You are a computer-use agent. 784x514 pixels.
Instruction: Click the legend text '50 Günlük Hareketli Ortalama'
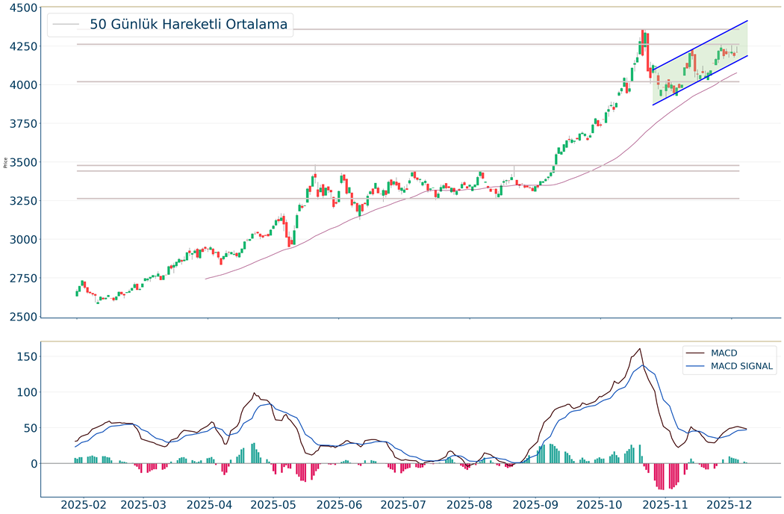pyautogui.click(x=188, y=25)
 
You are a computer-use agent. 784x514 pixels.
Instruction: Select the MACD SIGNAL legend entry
pyautogui.click(x=742, y=366)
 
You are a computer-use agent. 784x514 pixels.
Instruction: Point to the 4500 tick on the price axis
pyautogui.click(x=19, y=7)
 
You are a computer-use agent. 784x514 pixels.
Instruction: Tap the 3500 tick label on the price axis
pyautogui.click(x=19, y=162)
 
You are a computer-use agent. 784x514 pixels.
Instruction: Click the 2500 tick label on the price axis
pyautogui.click(x=19, y=317)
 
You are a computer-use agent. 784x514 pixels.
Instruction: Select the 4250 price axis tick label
pyautogui.click(x=19, y=46)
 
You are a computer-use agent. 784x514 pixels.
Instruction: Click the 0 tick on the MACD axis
pyautogui.click(x=32, y=464)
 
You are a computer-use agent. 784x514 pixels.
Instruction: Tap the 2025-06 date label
pyautogui.click(x=339, y=504)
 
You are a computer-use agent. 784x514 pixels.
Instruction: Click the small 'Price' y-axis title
pyautogui.click(x=6, y=162)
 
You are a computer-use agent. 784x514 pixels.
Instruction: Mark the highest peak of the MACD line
pyautogui.click(x=640, y=349)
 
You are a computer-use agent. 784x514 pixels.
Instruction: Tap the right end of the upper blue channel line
pyautogui.click(x=747, y=21)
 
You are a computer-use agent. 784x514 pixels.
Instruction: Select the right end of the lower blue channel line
pyautogui.click(x=747, y=55)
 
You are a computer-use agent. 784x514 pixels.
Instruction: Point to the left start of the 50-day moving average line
pyautogui.click(x=206, y=279)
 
